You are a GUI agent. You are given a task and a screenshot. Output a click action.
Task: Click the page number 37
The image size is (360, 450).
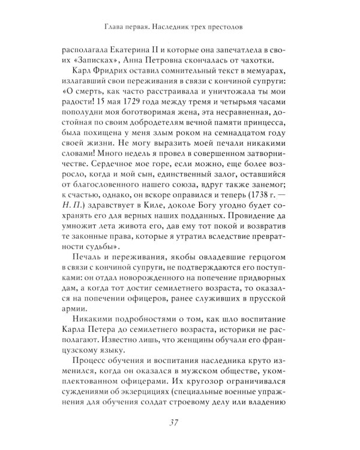click(179, 422)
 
